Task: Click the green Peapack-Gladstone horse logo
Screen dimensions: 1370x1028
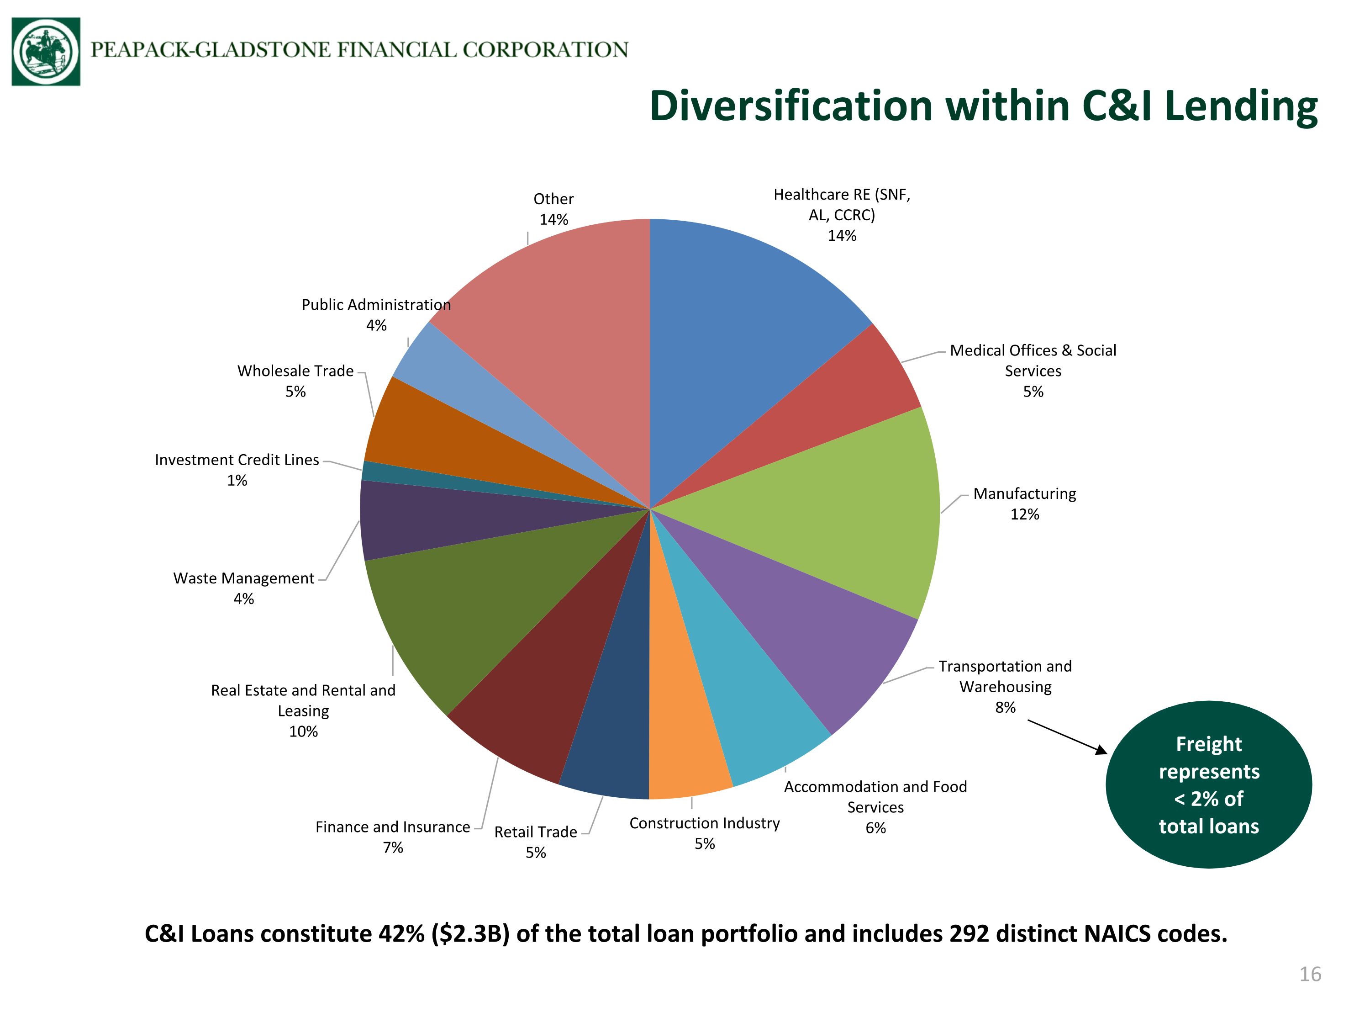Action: coord(46,52)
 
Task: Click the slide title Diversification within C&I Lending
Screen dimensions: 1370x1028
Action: coord(984,106)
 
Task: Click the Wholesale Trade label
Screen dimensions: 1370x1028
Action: coord(295,381)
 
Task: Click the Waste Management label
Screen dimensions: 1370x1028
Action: coord(244,588)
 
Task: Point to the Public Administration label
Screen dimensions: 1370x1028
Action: coord(376,315)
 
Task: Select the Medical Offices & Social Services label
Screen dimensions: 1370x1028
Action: coord(1033,371)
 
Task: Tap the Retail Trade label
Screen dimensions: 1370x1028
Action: coord(536,842)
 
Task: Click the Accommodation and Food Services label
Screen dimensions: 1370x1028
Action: coord(875,807)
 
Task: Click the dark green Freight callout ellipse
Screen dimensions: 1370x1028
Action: coord(1208,784)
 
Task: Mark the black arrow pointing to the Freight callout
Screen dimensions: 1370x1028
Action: coord(1068,737)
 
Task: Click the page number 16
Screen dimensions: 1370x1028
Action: coord(1310,974)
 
